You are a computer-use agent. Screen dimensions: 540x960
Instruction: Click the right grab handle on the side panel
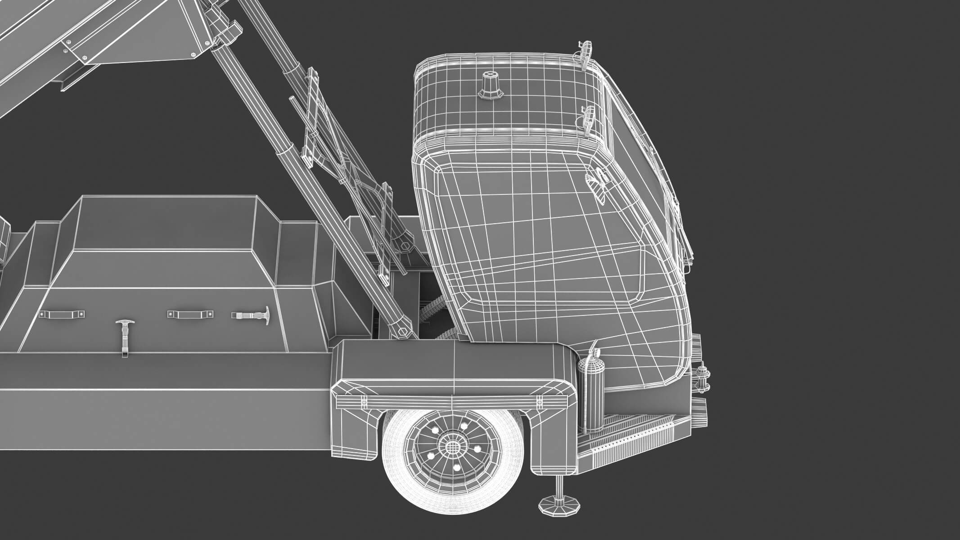click(x=191, y=314)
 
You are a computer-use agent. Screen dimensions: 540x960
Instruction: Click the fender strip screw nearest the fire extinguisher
click(x=539, y=387)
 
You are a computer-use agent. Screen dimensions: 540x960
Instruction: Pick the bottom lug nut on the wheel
click(x=456, y=468)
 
